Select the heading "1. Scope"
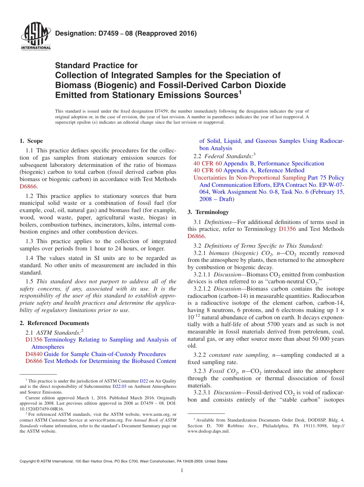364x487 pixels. pos(31,141)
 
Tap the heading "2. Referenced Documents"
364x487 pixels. pos(54,323)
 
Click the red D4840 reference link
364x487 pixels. pos(34,354)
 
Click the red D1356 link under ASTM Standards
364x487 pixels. pos(34,340)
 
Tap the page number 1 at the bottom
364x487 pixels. pos(182,471)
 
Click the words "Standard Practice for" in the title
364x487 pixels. pos(96,65)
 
